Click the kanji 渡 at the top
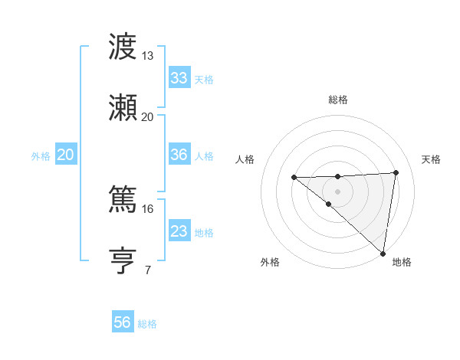[123, 48]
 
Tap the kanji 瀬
[123, 109]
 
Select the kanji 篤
[123, 200]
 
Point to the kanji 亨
[123, 260]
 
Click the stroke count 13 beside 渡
[147, 56]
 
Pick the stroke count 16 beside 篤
[147, 208]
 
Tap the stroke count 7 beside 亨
[147, 269]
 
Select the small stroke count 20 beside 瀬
[147, 116]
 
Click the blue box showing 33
[179, 78]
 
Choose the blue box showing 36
[179, 155]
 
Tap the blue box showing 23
[179, 231]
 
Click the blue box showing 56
[122, 322]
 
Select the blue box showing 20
[65, 155]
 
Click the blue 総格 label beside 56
[147, 324]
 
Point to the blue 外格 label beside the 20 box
[41, 155]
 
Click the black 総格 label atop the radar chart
[337, 100]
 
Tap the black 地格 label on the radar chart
[402, 263]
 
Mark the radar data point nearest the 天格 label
[396, 172]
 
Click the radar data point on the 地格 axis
[383, 253]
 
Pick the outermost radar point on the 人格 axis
[294, 178]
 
